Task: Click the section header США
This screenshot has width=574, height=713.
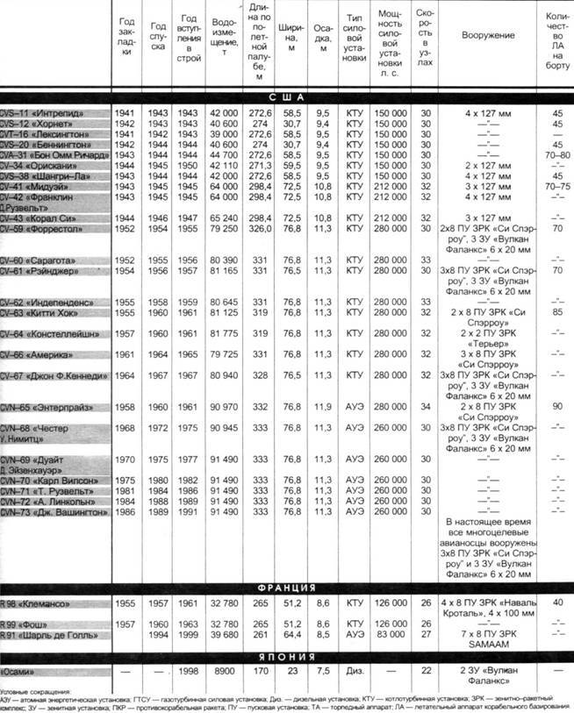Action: [x=287, y=97]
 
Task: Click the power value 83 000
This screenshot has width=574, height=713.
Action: [x=390, y=633]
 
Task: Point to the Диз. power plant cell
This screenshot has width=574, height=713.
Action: [x=354, y=671]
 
